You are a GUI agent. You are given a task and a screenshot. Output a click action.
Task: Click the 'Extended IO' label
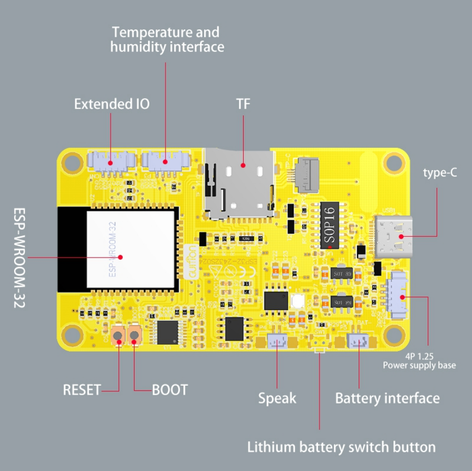111,104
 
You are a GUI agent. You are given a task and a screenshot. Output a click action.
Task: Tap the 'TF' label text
243,104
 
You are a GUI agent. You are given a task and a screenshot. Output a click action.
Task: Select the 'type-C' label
440,172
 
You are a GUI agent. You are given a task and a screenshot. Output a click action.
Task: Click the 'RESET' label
81,390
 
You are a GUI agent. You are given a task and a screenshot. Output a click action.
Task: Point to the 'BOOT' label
170,390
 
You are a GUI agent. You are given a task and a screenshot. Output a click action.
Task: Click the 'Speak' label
277,398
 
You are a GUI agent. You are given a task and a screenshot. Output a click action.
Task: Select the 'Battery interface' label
387,398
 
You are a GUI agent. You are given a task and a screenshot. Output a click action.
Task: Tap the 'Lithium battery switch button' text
342,447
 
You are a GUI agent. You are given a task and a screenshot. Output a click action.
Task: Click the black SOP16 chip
330,224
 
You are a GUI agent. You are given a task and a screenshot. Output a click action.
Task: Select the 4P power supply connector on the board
399,298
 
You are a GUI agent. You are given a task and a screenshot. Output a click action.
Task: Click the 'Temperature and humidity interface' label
167,40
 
